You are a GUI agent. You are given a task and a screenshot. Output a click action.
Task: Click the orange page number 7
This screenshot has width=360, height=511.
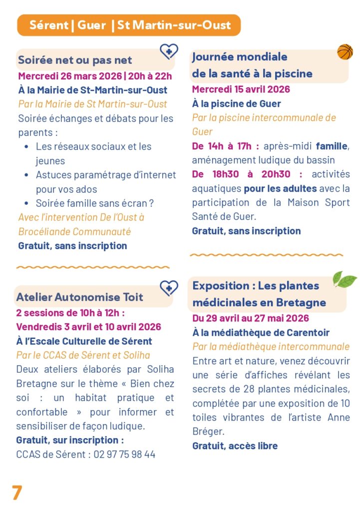pos(17,492)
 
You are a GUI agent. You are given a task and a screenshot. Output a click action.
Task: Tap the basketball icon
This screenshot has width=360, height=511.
pos(345,51)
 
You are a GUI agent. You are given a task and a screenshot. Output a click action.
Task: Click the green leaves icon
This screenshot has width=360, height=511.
pos(345,279)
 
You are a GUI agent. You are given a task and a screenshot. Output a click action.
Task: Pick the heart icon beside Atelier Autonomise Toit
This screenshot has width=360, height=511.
pos(169,287)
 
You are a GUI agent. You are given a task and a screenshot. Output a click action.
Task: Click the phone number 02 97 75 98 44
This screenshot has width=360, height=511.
pos(124,455)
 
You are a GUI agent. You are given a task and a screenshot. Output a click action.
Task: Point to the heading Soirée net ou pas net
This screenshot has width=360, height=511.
pos(75,60)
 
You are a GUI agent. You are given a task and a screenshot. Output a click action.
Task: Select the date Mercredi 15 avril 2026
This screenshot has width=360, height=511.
pos(241,90)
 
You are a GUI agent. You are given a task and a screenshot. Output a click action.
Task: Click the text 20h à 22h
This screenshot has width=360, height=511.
pos(149,76)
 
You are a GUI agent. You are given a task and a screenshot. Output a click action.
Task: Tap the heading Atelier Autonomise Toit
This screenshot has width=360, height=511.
pos(79,297)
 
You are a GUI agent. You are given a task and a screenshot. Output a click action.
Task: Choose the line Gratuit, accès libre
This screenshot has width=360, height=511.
pos(235,446)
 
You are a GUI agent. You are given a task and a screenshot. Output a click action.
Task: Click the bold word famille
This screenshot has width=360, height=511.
pos(332,146)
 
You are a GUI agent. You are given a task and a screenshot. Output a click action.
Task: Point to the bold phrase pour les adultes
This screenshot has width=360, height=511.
pos(280,189)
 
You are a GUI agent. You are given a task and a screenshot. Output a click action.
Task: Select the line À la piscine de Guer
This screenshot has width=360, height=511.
pos(236,104)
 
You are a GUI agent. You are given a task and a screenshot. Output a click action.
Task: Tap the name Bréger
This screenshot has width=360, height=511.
pos(206,431)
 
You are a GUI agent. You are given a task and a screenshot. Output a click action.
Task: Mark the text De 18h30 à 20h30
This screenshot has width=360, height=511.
pos(247,175)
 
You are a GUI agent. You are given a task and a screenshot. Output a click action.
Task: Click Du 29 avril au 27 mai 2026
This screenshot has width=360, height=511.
pos(250,318)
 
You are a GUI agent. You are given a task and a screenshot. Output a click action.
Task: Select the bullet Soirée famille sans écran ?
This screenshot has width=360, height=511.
pos(94,204)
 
